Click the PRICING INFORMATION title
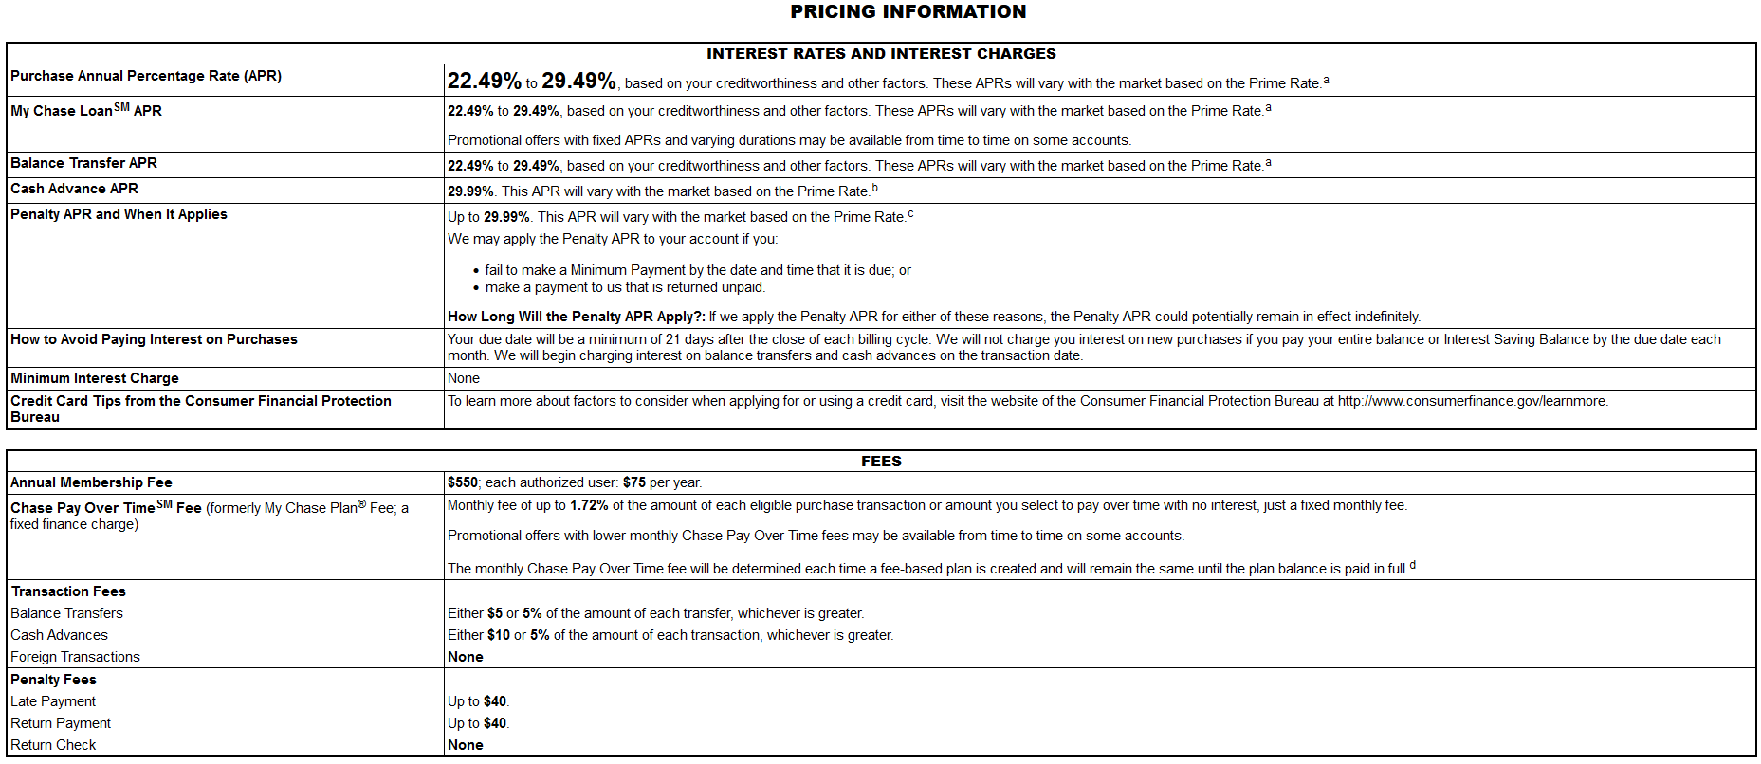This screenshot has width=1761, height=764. click(x=908, y=12)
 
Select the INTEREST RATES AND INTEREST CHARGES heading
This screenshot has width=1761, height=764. click(x=881, y=54)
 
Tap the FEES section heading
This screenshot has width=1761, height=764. click(x=881, y=462)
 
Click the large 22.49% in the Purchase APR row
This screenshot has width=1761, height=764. click(x=484, y=82)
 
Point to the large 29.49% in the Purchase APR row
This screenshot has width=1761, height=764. click(x=578, y=82)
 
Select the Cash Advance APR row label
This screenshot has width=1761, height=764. click(x=74, y=189)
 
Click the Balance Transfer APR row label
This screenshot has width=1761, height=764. click(x=83, y=163)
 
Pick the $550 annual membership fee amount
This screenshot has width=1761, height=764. click(x=462, y=482)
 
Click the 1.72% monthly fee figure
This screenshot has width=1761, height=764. click(x=589, y=505)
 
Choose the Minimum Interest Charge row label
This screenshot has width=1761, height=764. click(x=95, y=378)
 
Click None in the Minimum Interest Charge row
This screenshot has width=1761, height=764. click(x=464, y=378)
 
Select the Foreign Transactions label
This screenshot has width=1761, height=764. click(x=75, y=657)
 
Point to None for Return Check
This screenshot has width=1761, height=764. click(x=465, y=745)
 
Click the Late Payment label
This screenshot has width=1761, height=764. click(x=53, y=701)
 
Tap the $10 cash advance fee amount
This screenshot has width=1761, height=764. click(x=498, y=635)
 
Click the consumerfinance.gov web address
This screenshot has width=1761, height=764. click(x=1472, y=401)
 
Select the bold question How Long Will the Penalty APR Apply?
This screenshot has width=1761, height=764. click(x=576, y=317)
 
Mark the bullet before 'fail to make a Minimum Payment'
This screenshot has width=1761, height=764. click(x=476, y=271)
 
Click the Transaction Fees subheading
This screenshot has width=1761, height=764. click(x=68, y=591)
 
